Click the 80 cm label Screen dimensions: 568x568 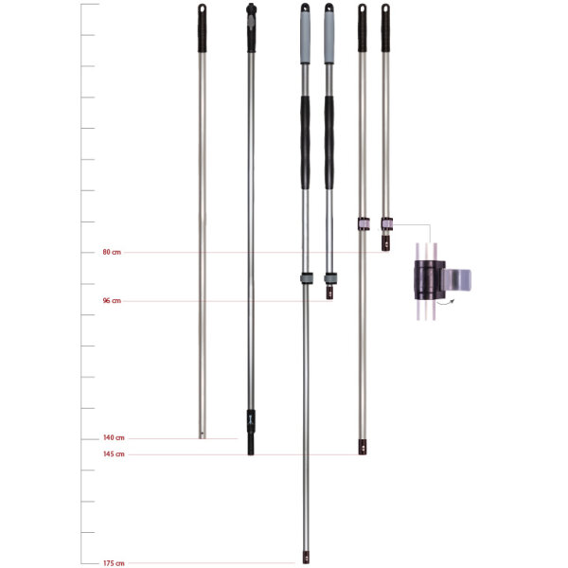pos(112,253)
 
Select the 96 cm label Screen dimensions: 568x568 pos(112,301)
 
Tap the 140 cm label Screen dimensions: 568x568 pos(113,438)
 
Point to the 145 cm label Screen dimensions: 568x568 pos(113,454)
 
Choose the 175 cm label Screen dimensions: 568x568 pos(113,563)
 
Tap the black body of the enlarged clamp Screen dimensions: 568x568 pos(426,278)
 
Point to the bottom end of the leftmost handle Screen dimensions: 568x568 pos(202,433)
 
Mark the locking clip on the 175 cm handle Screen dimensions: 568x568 pos(306,278)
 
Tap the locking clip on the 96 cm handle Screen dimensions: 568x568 pos(329,278)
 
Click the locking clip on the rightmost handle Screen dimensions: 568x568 pos(386,223)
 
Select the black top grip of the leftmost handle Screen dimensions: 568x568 pos(202,34)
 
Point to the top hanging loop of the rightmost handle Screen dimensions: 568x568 pos(385,9)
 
